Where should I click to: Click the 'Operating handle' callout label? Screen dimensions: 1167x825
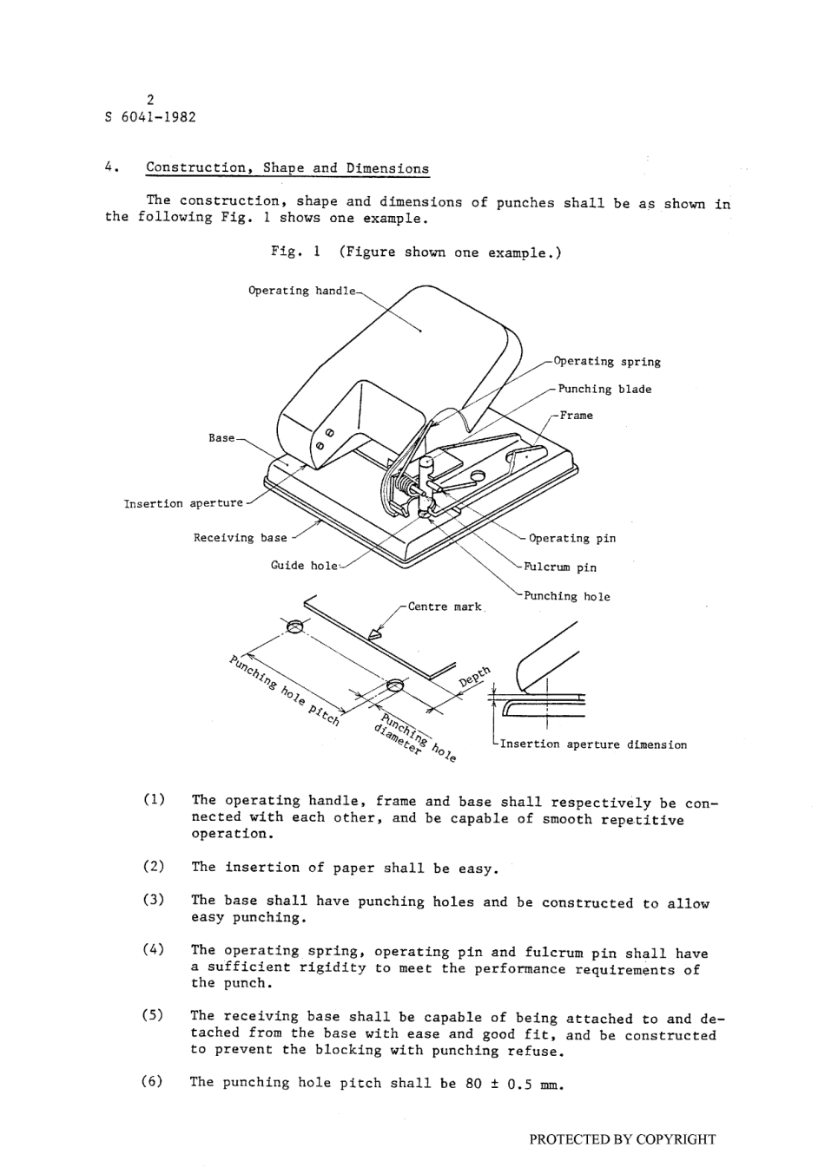pyautogui.click(x=301, y=291)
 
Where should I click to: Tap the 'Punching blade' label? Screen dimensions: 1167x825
pyautogui.click(x=604, y=389)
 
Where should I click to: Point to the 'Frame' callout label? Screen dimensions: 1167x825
pyautogui.click(x=577, y=416)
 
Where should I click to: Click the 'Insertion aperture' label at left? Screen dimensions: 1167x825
pyautogui.click(x=183, y=503)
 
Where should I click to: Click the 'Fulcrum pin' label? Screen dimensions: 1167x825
pyautogui.click(x=560, y=567)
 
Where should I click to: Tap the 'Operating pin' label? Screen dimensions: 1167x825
pyautogui.click(x=572, y=539)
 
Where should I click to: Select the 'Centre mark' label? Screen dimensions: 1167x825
pyautogui.click(x=444, y=606)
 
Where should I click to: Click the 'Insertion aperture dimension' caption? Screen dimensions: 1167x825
pyautogui.click(x=593, y=744)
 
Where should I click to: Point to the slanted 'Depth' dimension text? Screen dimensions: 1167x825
pyautogui.click(x=475, y=677)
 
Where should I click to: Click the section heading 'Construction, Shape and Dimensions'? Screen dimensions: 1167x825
pyautogui.click(x=287, y=168)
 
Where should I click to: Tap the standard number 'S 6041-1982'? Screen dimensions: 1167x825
pyautogui.click(x=150, y=117)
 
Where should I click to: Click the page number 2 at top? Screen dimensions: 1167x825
pyautogui.click(x=151, y=100)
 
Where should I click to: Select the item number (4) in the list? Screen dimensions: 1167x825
pyautogui.click(x=154, y=950)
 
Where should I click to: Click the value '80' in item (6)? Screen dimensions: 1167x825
pyautogui.click(x=472, y=1084)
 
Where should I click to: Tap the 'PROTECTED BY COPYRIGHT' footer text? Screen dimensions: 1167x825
pyautogui.click(x=623, y=1139)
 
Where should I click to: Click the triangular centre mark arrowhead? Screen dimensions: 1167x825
pyautogui.click(x=375, y=635)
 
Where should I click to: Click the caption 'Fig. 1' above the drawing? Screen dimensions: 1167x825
pyautogui.click(x=295, y=252)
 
